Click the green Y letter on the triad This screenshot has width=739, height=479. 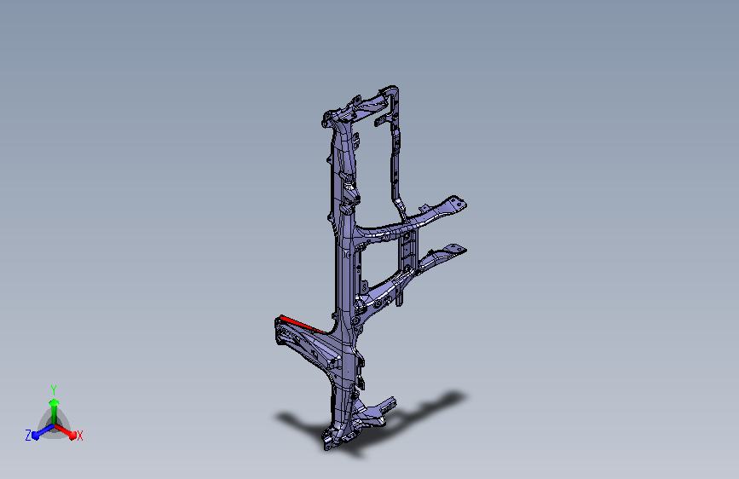coord(54,390)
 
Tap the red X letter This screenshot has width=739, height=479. coord(79,436)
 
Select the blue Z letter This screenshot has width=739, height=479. coord(28,436)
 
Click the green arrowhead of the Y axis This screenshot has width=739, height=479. coord(54,402)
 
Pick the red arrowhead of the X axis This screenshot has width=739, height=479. coord(72,435)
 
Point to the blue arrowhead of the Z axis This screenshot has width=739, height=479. coord(35,436)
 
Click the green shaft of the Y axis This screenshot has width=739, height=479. coord(54,415)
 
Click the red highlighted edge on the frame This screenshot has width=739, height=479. coord(302,324)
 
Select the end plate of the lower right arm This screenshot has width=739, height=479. coord(456,249)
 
